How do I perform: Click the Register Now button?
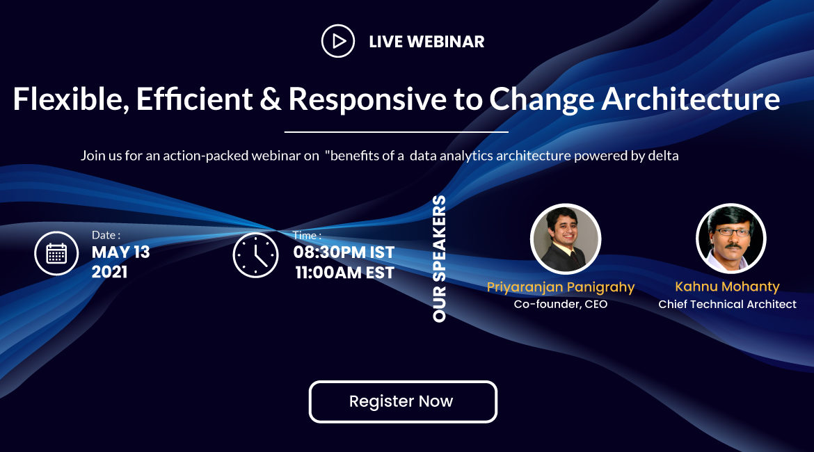tap(403, 402)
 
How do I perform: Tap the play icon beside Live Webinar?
tap(338, 41)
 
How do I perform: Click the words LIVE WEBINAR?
tap(426, 42)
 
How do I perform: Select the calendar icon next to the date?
tap(56, 254)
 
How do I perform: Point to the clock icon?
tap(255, 255)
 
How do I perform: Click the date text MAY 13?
tap(121, 252)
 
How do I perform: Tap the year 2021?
tap(109, 272)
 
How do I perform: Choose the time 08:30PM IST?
tap(344, 252)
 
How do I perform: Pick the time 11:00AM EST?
tap(344, 273)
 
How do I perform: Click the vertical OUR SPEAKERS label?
tap(439, 259)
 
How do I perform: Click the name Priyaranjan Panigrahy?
tap(561, 287)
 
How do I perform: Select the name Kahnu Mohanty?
tap(727, 286)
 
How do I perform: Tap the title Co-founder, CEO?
tap(561, 304)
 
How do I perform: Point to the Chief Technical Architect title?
tap(727, 304)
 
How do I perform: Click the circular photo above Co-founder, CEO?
tap(566, 239)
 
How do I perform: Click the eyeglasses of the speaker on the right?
tap(733, 232)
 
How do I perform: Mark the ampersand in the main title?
tap(271, 99)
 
